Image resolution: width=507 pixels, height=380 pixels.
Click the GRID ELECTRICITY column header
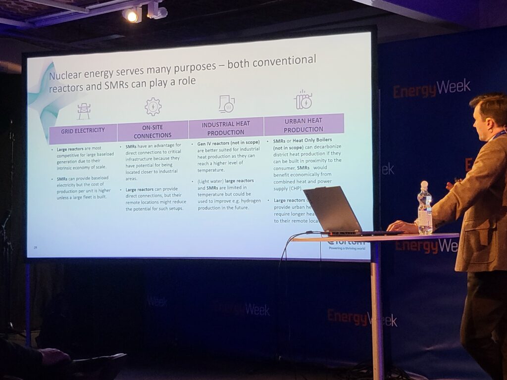pos(83,132)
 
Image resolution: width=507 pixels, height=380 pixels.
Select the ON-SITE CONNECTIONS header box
pos(152,131)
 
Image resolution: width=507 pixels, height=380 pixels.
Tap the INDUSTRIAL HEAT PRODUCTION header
pos(226,128)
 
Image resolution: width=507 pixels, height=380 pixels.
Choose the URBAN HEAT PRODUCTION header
pos(304,125)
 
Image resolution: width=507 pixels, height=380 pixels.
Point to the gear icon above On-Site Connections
pos(153,107)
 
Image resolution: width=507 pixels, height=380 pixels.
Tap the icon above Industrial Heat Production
pos(226,104)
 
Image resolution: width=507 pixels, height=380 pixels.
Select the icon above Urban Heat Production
pos(303,100)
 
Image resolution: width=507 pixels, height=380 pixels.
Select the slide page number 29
pos(35,247)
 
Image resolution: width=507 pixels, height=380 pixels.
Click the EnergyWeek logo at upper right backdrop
pos(432,88)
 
